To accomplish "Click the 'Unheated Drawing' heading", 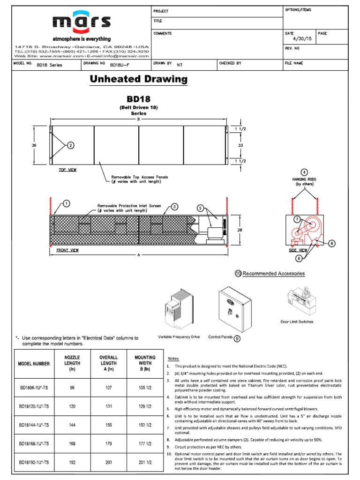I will (138, 79).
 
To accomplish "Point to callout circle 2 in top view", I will (70, 145).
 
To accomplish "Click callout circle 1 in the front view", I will (66, 203).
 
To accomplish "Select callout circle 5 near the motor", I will (200, 208).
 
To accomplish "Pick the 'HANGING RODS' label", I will (305, 179).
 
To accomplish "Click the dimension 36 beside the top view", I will (34, 146).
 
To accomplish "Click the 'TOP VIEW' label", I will (68, 170).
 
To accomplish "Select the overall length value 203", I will (108, 462).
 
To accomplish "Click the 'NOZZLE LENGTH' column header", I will (72, 363).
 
